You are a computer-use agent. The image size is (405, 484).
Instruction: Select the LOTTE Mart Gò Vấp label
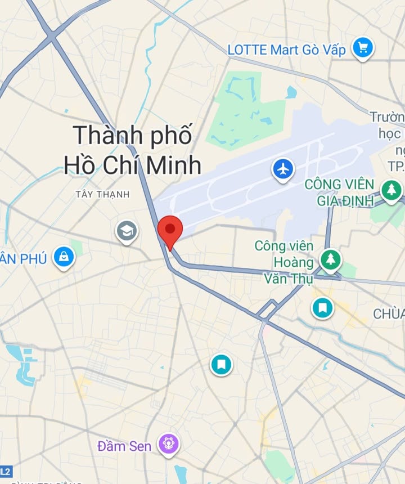point(286,50)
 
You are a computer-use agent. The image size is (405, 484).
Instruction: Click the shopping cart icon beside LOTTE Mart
point(363,48)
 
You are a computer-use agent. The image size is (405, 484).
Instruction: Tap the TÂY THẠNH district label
point(102,194)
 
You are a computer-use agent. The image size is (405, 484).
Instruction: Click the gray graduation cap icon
point(127,231)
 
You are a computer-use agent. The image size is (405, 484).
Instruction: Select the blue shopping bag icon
point(64,257)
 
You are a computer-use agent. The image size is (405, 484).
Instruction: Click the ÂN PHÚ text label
point(23,259)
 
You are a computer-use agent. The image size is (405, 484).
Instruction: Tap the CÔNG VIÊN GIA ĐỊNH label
point(339,192)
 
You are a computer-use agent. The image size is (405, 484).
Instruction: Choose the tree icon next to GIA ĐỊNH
point(391,190)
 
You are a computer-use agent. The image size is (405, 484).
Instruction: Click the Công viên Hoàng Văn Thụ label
point(284,262)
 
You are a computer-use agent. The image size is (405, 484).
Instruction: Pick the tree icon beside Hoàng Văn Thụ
point(331,259)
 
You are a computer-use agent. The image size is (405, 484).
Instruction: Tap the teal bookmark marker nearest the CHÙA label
point(323,307)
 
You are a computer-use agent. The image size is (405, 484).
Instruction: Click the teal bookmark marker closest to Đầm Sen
point(222,364)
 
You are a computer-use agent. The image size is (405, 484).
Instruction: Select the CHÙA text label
point(389,314)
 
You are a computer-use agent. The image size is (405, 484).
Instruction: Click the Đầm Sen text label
point(124,446)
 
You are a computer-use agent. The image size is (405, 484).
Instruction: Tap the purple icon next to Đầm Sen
point(168,445)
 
